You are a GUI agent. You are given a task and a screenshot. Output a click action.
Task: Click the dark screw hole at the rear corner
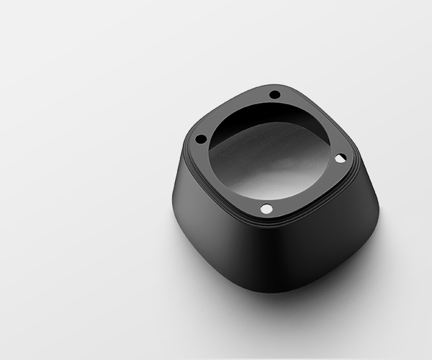(274, 94)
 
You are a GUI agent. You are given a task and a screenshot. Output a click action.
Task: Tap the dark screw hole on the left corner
(201, 138)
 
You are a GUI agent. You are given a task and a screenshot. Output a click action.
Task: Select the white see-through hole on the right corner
(341, 157)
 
